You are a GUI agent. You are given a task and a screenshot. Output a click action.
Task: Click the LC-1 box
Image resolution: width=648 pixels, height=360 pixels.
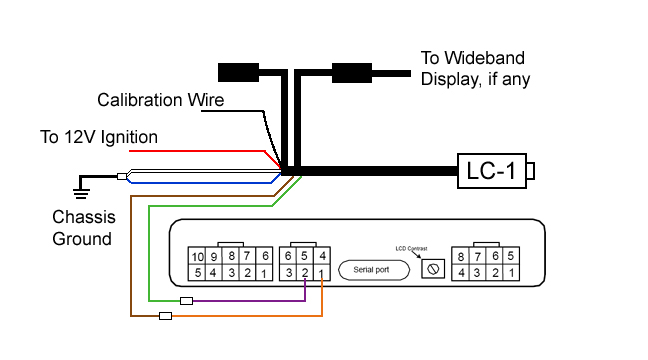pyautogui.click(x=491, y=171)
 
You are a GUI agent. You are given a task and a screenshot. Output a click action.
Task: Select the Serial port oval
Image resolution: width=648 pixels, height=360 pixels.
pyautogui.click(x=371, y=269)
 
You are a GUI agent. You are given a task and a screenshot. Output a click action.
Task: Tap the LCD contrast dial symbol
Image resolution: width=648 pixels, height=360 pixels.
pyautogui.click(x=433, y=268)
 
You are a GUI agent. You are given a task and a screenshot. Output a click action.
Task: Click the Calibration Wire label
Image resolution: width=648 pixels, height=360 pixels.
pyautogui.click(x=160, y=100)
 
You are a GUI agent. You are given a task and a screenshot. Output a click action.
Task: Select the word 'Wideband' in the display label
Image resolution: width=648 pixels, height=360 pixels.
pyautogui.click(x=487, y=58)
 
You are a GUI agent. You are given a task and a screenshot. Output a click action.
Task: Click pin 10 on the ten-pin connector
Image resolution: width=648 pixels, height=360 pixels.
pyautogui.click(x=197, y=256)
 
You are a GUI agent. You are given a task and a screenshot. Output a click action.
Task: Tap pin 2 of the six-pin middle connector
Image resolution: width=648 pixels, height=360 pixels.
pyautogui.click(x=305, y=272)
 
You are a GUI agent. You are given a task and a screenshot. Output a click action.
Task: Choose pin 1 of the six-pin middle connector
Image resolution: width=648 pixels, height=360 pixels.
pyautogui.click(x=321, y=272)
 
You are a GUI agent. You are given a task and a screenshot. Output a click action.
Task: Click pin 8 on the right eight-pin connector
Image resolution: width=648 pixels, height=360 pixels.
pyautogui.click(x=462, y=256)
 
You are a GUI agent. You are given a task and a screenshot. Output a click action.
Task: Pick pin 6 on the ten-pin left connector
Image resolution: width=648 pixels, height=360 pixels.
pyautogui.click(x=265, y=256)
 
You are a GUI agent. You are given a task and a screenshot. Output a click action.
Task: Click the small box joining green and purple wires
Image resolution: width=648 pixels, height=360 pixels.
pyautogui.click(x=185, y=300)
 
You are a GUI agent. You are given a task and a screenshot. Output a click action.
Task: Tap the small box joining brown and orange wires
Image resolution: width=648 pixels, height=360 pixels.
pyautogui.click(x=166, y=316)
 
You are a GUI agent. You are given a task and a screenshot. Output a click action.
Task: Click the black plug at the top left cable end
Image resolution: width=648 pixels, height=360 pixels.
pyautogui.click(x=238, y=72)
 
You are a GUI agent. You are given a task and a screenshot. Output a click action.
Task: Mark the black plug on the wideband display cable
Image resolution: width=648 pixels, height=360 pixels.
pyautogui.click(x=351, y=72)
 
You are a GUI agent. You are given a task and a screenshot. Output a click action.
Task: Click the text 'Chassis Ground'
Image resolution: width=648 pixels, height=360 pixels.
pyautogui.click(x=84, y=227)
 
